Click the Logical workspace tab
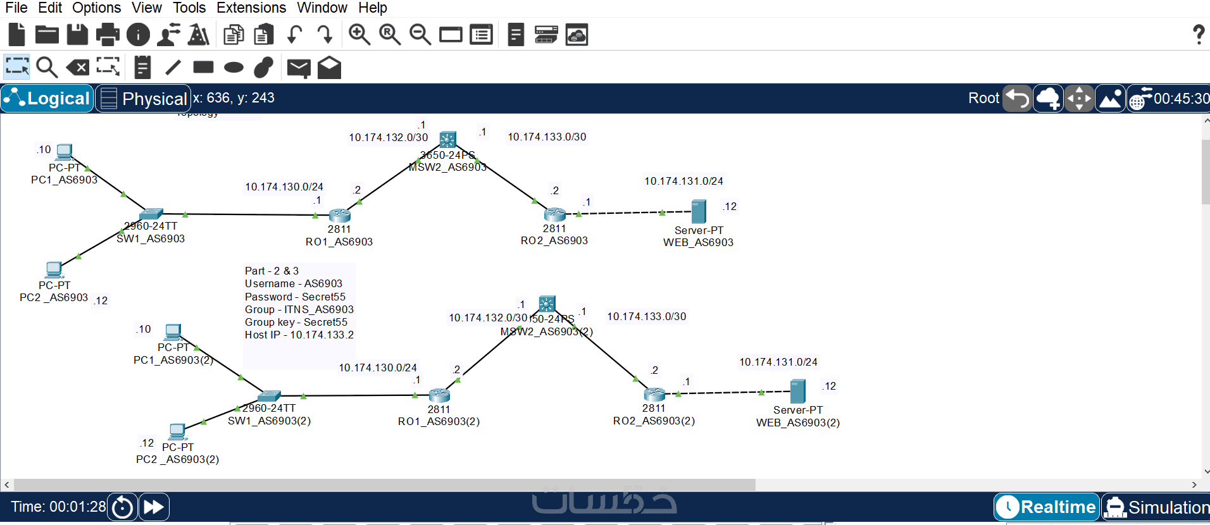point(47,99)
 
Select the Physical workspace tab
point(144,99)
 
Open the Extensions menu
point(251,8)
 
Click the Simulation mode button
point(1156,507)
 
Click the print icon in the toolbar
point(108,35)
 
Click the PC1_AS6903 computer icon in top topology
point(64,152)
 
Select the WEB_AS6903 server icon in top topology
point(699,211)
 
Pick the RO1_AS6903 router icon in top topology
point(340,215)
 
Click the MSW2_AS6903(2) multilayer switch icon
point(547,304)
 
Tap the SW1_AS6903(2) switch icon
point(269,396)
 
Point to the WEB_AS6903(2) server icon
point(798,391)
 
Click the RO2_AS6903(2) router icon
point(654,394)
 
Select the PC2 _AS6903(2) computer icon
point(177,431)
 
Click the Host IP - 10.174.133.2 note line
point(299,335)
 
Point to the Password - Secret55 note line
point(295,297)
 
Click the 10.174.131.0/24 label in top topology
point(683,182)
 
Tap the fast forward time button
point(154,507)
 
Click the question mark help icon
point(1198,34)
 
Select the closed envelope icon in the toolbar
point(299,68)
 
